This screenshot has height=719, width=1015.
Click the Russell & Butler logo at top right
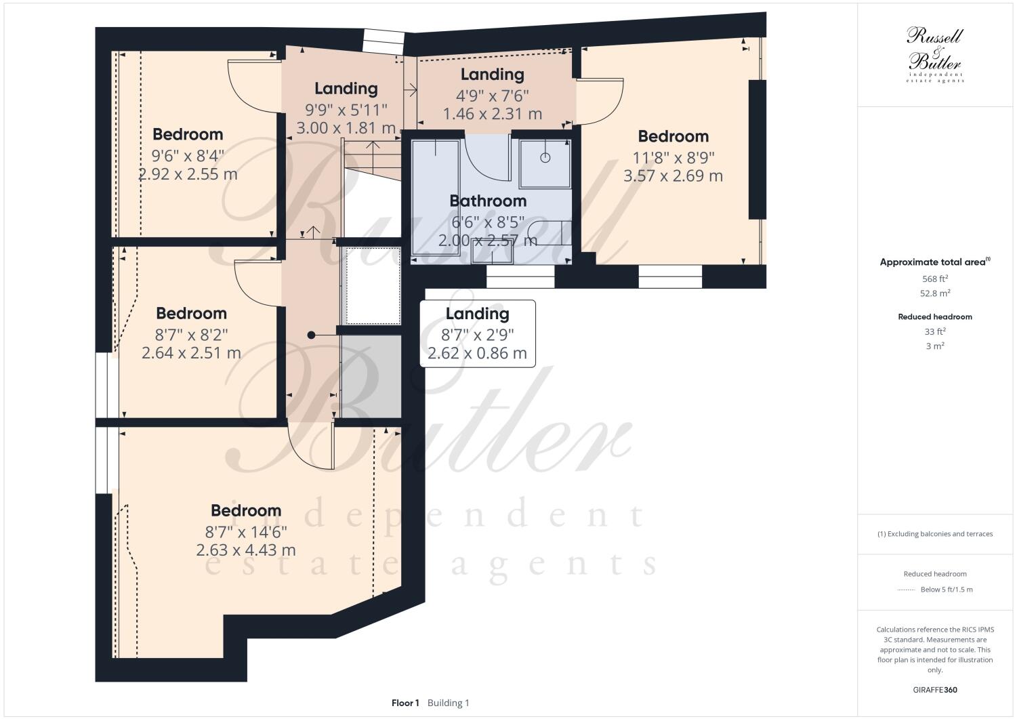tap(934, 54)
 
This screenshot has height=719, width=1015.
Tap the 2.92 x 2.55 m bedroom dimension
tap(188, 174)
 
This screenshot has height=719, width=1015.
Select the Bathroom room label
tap(488, 201)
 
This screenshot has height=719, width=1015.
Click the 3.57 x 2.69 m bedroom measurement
tap(673, 176)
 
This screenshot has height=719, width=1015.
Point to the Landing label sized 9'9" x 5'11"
tap(346, 88)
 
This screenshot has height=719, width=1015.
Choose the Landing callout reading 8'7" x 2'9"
tap(477, 333)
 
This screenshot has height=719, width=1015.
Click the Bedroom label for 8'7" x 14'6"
tap(245, 510)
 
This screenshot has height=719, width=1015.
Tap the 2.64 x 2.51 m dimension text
tap(191, 353)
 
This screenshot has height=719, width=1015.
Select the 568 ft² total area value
tap(934, 279)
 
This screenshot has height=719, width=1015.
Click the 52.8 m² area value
tap(934, 293)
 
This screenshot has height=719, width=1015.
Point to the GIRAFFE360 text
tap(934, 690)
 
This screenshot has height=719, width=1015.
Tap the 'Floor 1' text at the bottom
tap(405, 703)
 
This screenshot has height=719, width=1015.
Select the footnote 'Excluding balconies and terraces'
tap(934, 533)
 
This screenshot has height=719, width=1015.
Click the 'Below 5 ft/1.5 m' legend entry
tap(946, 589)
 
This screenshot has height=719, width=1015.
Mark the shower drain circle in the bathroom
tap(545, 158)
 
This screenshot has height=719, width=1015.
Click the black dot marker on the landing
tap(311, 335)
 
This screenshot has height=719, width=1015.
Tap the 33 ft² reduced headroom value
tap(934, 331)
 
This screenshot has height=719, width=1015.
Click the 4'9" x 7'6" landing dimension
tap(492, 95)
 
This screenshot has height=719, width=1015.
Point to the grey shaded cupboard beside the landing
tap(371, 376)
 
